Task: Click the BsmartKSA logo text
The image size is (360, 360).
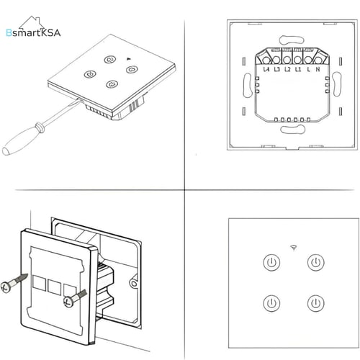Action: point(33,33)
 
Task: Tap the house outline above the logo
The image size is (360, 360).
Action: point(32,22)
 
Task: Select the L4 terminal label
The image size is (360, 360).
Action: point(266,69)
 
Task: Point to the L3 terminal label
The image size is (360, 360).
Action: point(277,69)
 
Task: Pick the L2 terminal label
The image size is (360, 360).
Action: point(287,69)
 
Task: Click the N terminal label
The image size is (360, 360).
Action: point(318,69)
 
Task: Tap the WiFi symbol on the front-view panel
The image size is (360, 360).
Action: point(294,248)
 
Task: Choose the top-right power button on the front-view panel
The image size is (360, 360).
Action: point(316,262)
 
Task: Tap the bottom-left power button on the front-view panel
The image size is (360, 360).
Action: point(271,303)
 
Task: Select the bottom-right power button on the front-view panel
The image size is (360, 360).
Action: point(316,303)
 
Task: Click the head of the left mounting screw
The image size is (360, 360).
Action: point(6,287)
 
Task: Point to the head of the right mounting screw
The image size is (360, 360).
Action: point(69,302)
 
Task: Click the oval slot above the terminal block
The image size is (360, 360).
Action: point(292,40)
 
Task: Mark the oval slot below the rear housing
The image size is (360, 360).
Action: point(293,130)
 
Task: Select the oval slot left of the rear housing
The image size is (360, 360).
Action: point(248,85)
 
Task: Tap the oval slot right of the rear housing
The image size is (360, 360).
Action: point(337,84)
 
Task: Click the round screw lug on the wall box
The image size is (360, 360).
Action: point(134,284)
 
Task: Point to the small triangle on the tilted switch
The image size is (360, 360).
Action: point(128,58)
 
